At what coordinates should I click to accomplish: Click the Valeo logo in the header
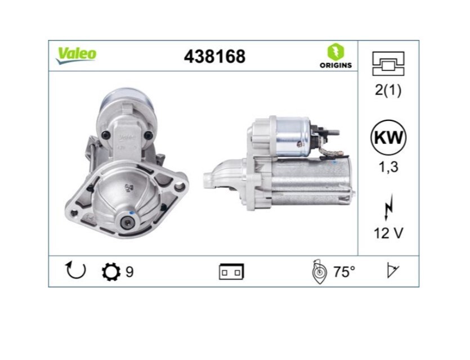(76, 55)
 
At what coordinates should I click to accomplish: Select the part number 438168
(215, 56)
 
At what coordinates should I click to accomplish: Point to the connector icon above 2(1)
(388, 64)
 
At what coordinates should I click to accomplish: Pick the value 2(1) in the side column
(388, 90)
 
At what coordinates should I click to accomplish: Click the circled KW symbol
(388, 137)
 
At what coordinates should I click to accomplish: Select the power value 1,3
(388, 166)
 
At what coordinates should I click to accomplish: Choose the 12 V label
(388, 233)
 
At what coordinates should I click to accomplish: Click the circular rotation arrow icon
(75, 272)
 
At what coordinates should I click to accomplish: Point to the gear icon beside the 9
(111, 272)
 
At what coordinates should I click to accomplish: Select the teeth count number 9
(129, 272)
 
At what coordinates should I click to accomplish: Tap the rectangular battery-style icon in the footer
(231, 272)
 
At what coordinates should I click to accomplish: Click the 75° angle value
(344, 272)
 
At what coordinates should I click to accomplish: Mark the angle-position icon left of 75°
(319, 272)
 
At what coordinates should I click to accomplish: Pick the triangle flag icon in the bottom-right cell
(392, 271)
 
